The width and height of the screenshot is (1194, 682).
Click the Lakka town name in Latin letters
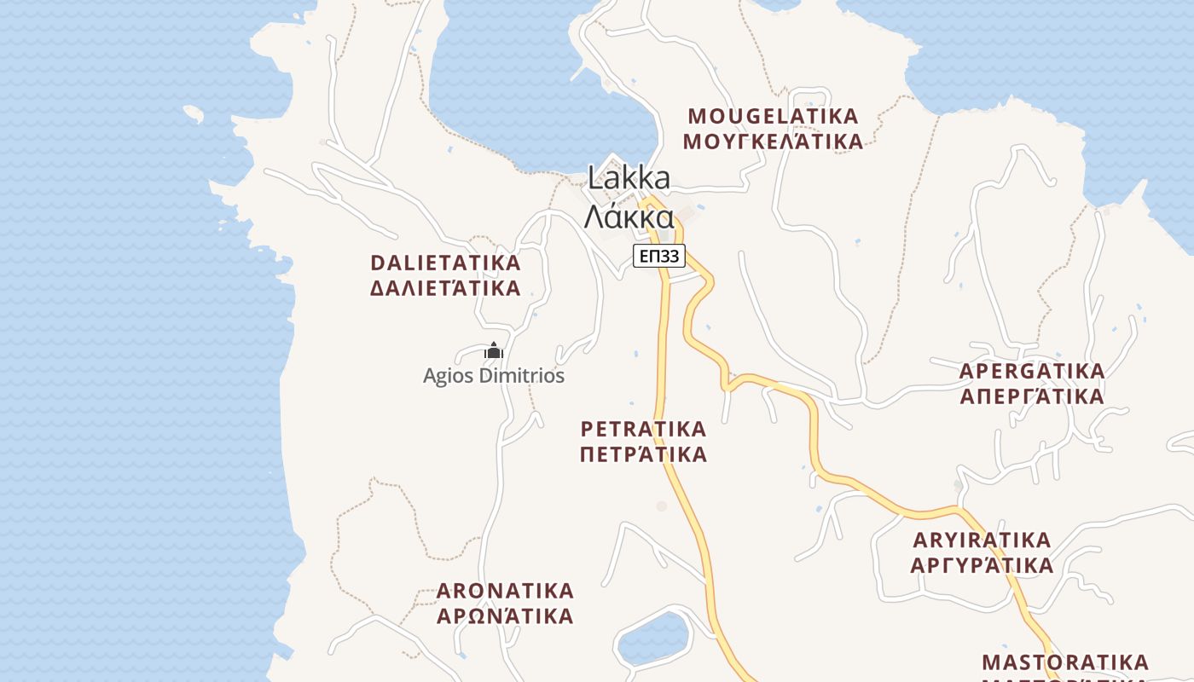tap(629, 179)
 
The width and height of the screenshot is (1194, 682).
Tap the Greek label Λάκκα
tap(629, 217)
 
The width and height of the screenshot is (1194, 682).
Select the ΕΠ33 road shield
tap(659, 255)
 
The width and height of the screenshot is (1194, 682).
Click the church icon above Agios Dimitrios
tap(494, 350)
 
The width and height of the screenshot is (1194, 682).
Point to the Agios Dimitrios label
tap(494, 376)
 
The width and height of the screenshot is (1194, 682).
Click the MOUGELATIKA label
tap(773, 116)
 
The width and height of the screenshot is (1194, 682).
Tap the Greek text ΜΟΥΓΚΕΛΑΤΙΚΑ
tap(773, 142)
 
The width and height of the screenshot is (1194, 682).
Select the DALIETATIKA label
tap(445, 263)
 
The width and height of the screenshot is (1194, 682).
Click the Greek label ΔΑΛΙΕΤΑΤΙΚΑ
tap(445, 288)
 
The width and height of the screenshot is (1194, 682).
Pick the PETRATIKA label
tap(643, 428)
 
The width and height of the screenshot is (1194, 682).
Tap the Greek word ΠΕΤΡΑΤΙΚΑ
tap(643, 454)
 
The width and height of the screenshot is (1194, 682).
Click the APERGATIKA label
tap(1032, 372)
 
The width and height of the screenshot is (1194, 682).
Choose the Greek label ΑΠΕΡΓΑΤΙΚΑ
tap(1032, 396)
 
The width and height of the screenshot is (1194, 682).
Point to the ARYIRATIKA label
tap(982, 540)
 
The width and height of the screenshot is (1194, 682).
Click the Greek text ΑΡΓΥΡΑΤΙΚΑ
tap(982, 565)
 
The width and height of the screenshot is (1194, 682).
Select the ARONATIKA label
tap(505, 591)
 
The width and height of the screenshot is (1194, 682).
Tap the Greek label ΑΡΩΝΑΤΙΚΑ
tap(505, 616)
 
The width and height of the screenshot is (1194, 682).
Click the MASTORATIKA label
tap(1065, 662)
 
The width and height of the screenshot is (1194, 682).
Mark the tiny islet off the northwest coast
tap(194, 113)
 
